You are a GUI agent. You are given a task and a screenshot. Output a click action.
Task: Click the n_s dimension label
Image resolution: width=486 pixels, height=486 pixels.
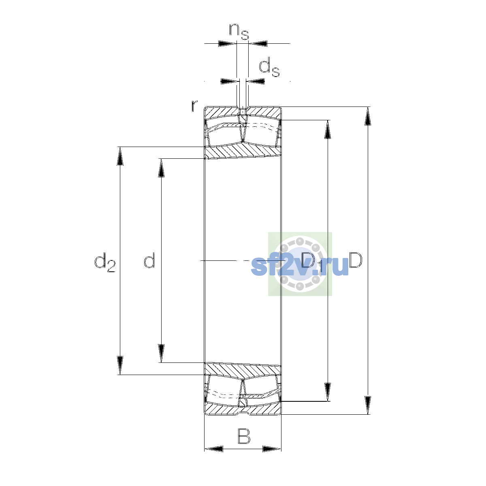coord(239,32)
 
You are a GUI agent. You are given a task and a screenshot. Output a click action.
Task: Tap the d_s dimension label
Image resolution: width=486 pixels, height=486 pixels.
coord(269,67)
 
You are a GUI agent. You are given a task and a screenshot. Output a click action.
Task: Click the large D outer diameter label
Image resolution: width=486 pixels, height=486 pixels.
coord(356,260)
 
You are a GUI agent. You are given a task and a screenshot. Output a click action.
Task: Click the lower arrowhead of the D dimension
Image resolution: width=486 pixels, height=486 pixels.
coord(368,405)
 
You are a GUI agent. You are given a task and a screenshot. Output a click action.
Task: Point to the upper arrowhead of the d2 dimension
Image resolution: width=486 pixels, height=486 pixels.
coord(120,156)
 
